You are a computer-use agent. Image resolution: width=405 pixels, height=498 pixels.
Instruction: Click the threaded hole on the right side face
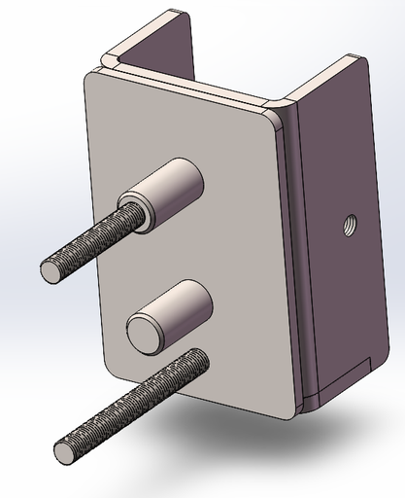(347, 227)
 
